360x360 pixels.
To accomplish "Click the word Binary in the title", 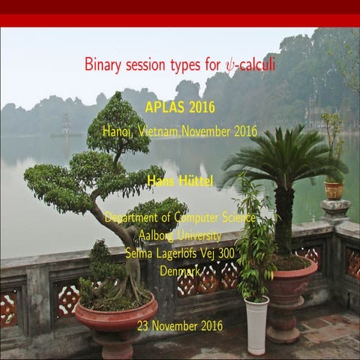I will point(101,64).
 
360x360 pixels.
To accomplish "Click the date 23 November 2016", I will point(180,325).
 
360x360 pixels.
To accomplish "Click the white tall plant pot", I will point(256,324).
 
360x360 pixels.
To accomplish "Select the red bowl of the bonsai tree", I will point(115,315).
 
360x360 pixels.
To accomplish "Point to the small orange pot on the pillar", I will point(334,190).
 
